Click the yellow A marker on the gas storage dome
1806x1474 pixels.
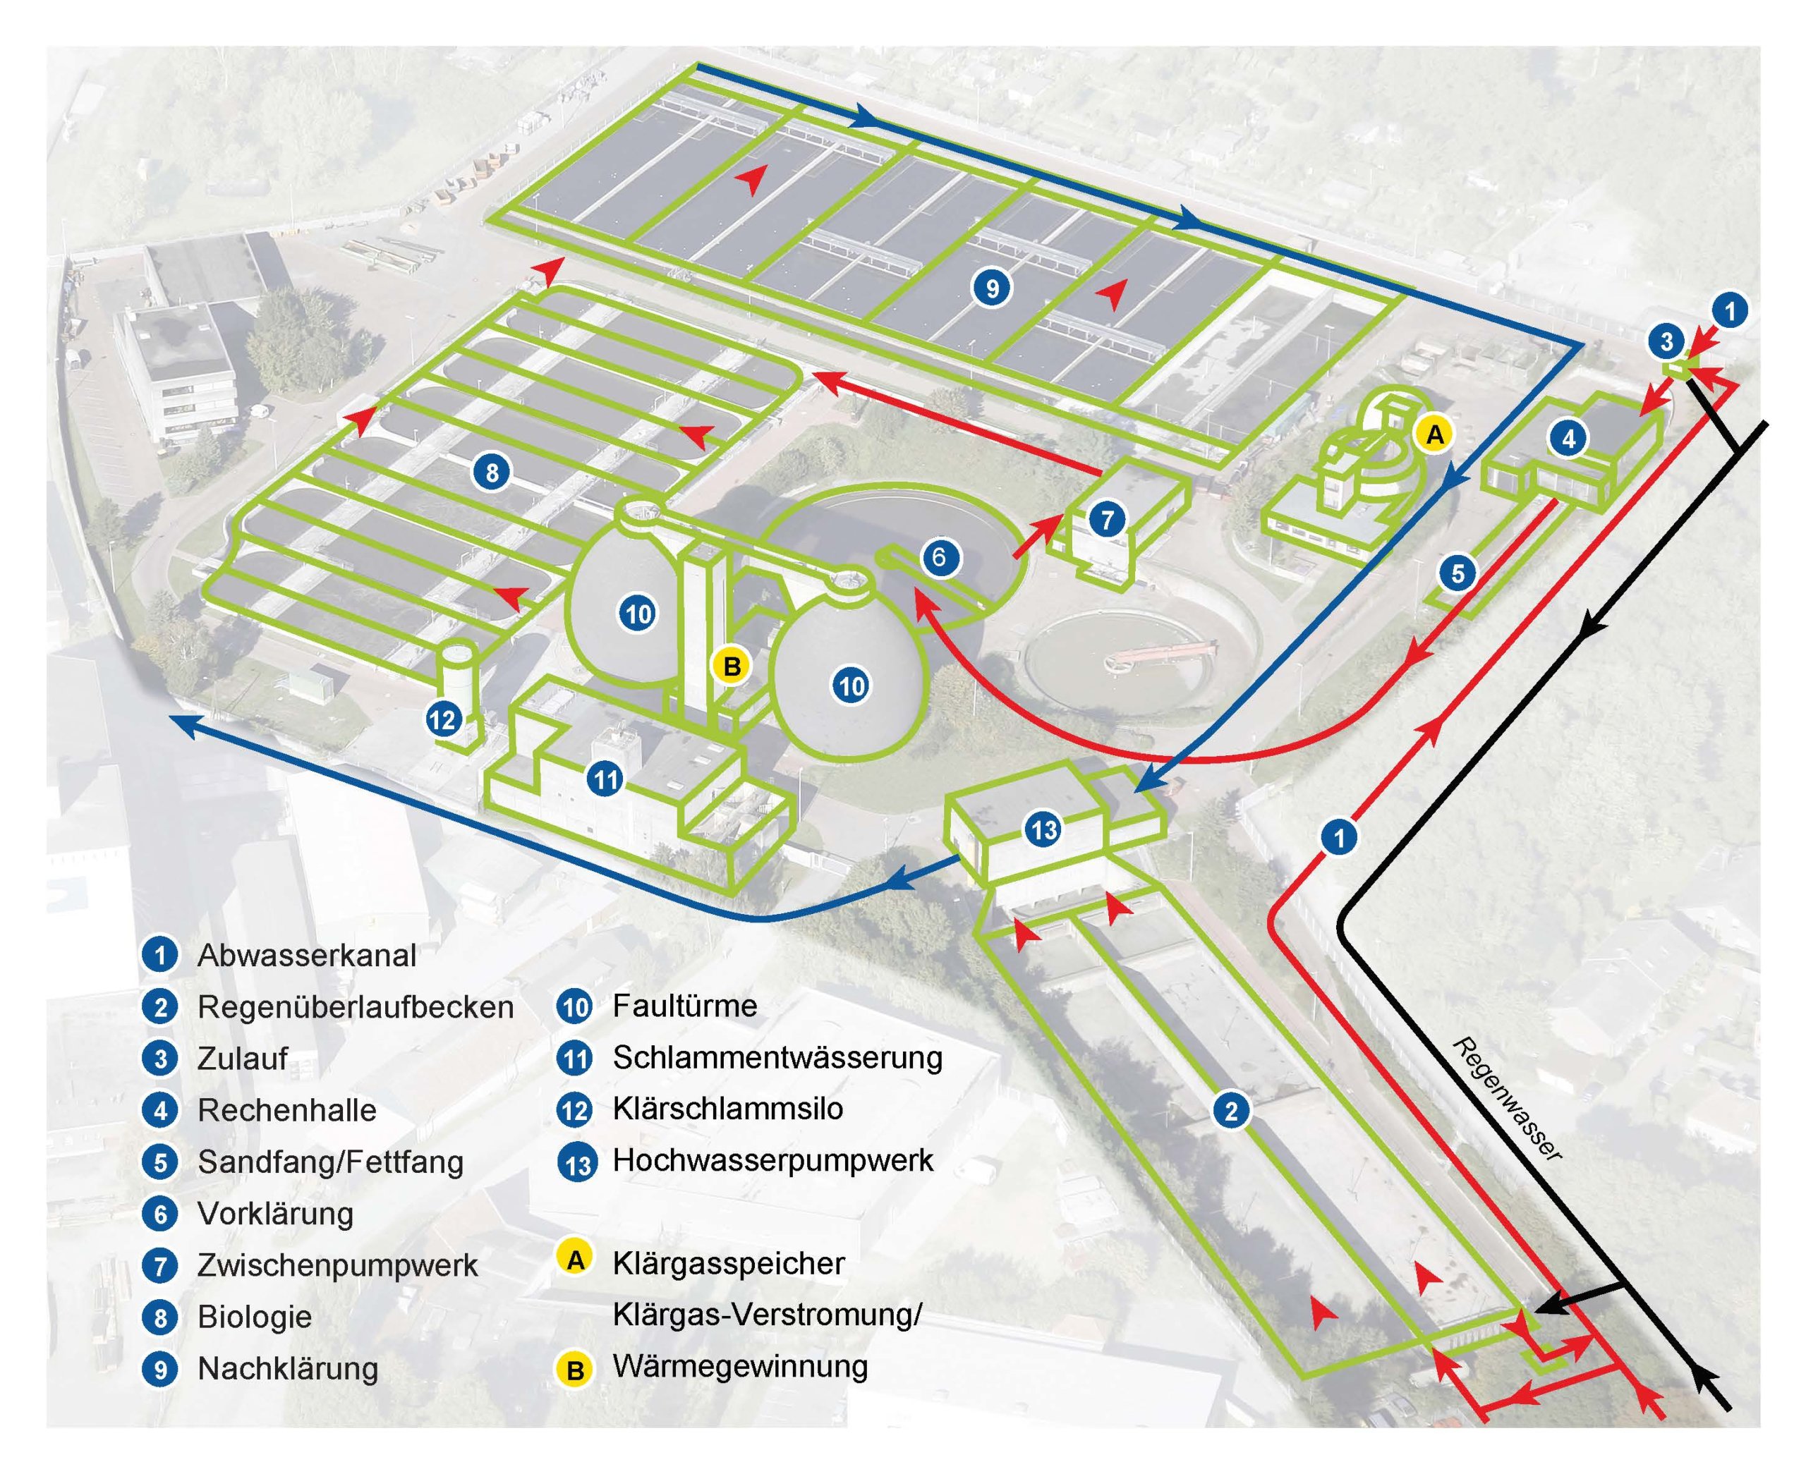pos(1434,434)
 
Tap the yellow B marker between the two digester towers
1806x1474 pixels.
pos(732,666)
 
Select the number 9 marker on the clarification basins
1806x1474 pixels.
pos(991,288)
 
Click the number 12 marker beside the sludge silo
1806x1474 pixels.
pos(442,720)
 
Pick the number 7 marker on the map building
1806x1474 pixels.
pos(1107,519)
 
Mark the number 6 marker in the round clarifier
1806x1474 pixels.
pos(938,557)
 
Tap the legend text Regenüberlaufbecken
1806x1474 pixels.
pos(356,1007)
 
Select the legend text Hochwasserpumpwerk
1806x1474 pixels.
pos(772,1161)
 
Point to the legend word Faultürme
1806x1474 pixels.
pos(684,1006)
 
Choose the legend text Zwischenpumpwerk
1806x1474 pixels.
pos(338,1265)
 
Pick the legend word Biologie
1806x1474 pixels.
pos(255,1317)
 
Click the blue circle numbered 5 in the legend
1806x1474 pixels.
pos(159,1162)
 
